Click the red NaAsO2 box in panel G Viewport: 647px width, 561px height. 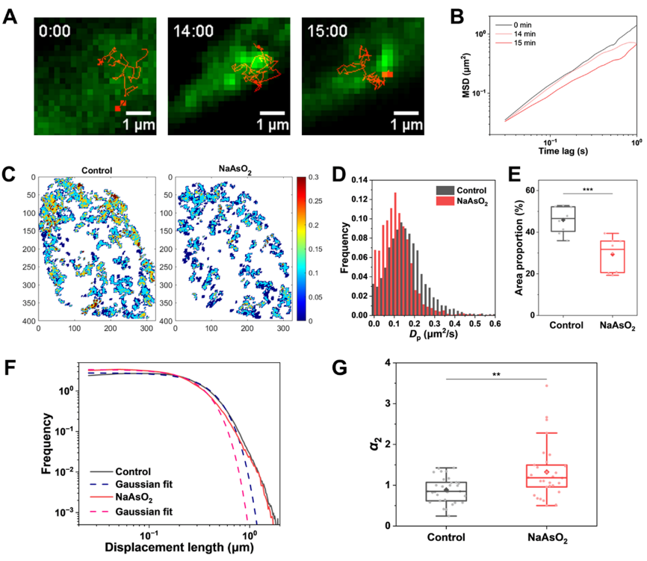click(x=547, y=475)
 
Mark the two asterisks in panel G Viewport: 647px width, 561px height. click(x=496, y=374)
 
